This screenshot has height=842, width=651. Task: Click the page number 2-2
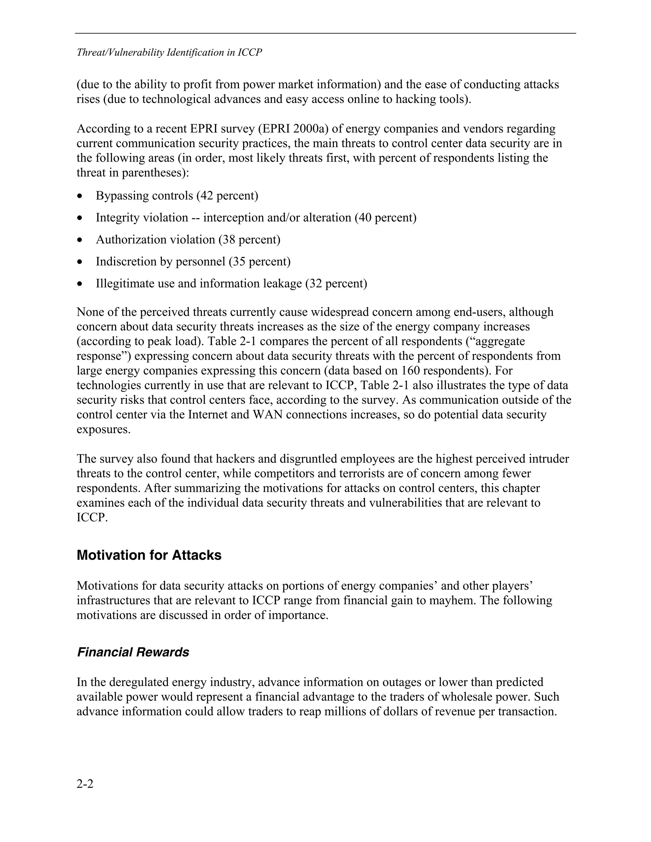pyautogui.click(x=85, y=784)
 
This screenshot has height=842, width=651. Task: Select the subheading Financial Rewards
pyautogui.click(x=133, y=652)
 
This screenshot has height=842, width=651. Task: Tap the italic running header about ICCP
pyautogui.click(x=169, y=52)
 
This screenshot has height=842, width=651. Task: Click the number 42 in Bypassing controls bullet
pyautogui.click(x=206, y=196)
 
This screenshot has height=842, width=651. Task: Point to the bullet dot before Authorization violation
pyautogui.click(x=80, y=240)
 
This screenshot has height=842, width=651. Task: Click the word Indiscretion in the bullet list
pyautogui.click(x=127, y=262)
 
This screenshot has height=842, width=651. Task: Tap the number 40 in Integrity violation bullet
pyautogui.click(x=365, y=218)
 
